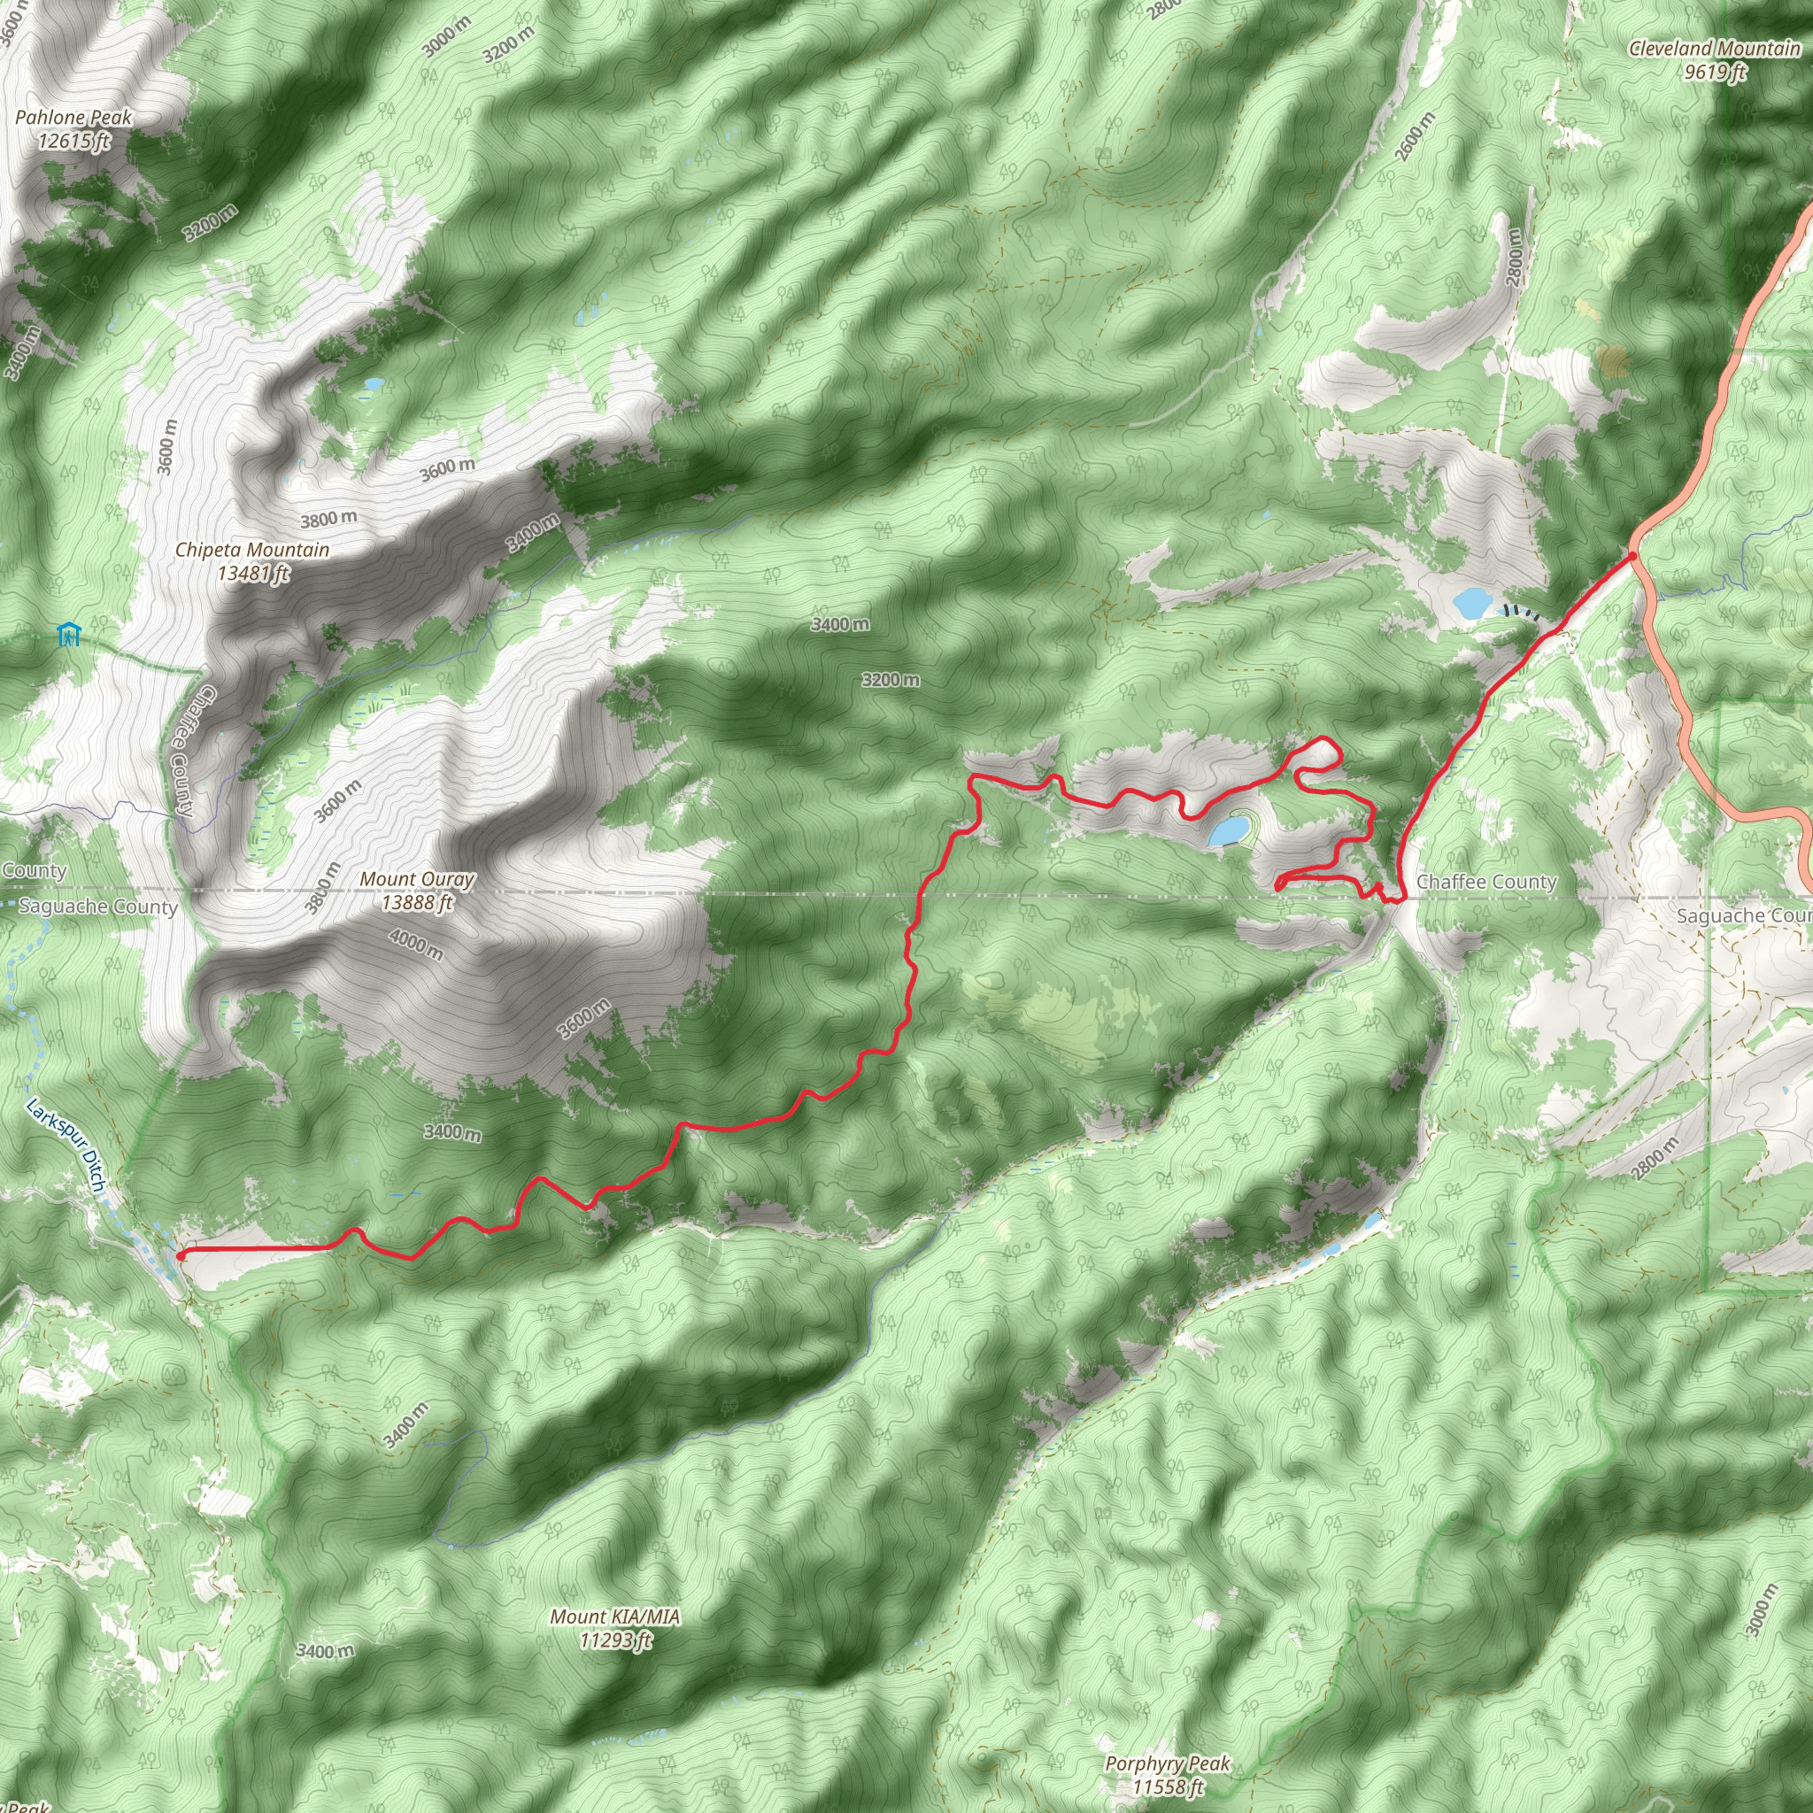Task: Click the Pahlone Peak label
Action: pos(73,119)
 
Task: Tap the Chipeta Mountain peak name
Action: pos(251,550)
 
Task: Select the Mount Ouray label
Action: pos(417,879)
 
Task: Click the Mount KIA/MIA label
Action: pos(614,1616)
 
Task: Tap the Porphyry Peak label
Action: pos(1168,1763)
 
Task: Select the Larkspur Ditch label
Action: pos(65,1145)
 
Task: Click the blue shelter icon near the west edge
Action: pos(67,635)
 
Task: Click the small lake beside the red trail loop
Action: pos(1229,829)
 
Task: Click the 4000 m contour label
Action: pos(416,943)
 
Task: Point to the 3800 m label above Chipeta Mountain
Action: pos(328,519)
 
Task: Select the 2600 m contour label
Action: pos(1416,137)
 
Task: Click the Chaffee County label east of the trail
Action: pos(1486,882)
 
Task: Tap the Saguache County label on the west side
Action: pos(97,906)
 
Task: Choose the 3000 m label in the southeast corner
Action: pos(1762,1610)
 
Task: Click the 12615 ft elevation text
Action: pos(73,142)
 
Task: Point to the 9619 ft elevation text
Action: pos(1715,72)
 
